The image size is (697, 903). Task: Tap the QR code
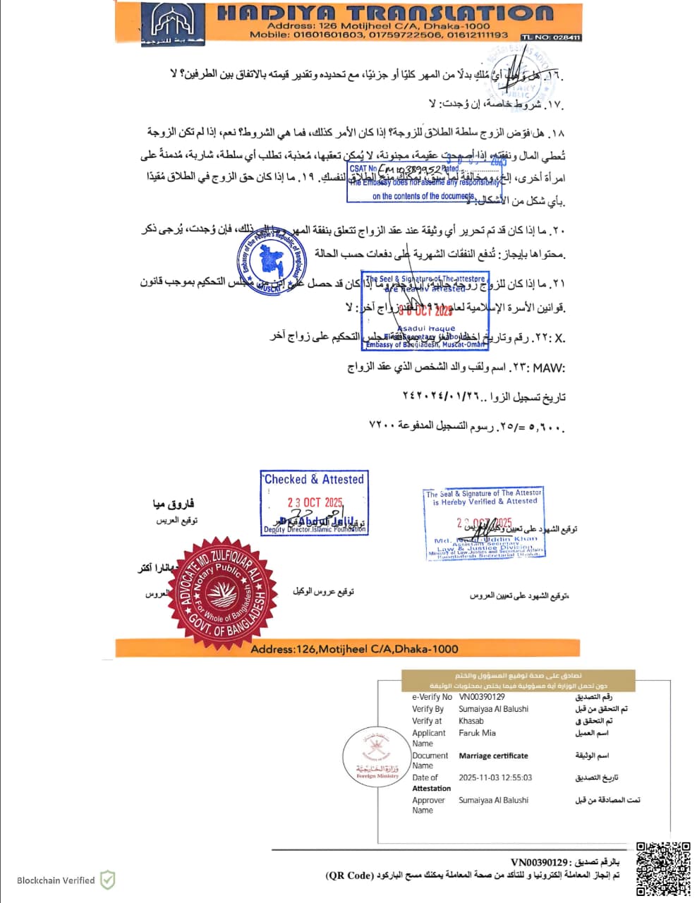(663, 868)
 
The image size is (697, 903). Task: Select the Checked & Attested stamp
(314, 503)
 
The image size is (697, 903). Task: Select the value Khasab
(471, 721)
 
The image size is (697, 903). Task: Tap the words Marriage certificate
(493, 756)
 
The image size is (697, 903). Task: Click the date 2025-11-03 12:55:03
(495, 777)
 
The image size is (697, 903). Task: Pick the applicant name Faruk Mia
(477, 733)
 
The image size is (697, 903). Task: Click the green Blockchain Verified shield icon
(107, 880)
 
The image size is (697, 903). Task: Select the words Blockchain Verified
(56, 880)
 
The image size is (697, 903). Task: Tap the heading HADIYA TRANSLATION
(384, 13)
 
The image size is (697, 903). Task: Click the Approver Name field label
(428, 805)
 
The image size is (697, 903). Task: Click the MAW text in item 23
(548, 368)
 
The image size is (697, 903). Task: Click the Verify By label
(428, 709)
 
